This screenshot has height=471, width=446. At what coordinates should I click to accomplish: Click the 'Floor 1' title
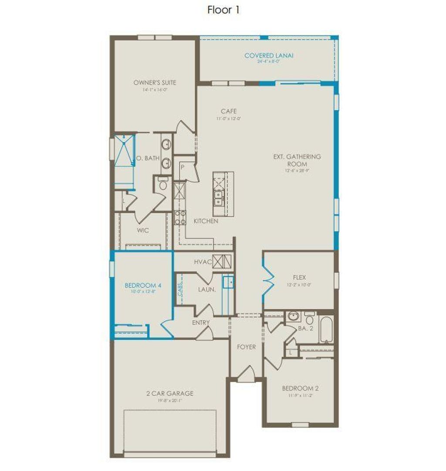point(223,10)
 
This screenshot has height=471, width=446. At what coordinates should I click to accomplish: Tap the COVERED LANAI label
point(269,56)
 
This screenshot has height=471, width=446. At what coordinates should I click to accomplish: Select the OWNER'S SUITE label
point(155,82)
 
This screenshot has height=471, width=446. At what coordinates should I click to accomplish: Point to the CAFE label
point(229,111)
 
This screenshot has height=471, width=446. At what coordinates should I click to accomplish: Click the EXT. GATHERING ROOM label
point(297,160)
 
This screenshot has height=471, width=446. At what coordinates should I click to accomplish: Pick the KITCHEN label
point(206,221)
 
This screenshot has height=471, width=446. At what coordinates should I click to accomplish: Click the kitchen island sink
point(218,198)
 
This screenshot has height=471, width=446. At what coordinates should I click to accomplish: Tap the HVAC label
point(203,262)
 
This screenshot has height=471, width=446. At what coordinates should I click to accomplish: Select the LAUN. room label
point(207,289)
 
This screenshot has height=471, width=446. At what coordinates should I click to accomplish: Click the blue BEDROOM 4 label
point(143,286)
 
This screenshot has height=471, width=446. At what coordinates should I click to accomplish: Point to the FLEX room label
point(299,277)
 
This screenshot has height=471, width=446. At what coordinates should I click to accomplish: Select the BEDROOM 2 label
point(297,388)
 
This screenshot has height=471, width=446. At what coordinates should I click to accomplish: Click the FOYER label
point(246,347)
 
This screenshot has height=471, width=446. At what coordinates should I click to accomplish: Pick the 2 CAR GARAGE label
point(169,394)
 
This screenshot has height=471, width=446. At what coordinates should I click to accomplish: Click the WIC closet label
point(143,230)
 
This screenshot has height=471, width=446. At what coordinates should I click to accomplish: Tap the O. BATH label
point(148,158)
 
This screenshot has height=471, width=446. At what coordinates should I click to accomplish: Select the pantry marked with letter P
point(182,167)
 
